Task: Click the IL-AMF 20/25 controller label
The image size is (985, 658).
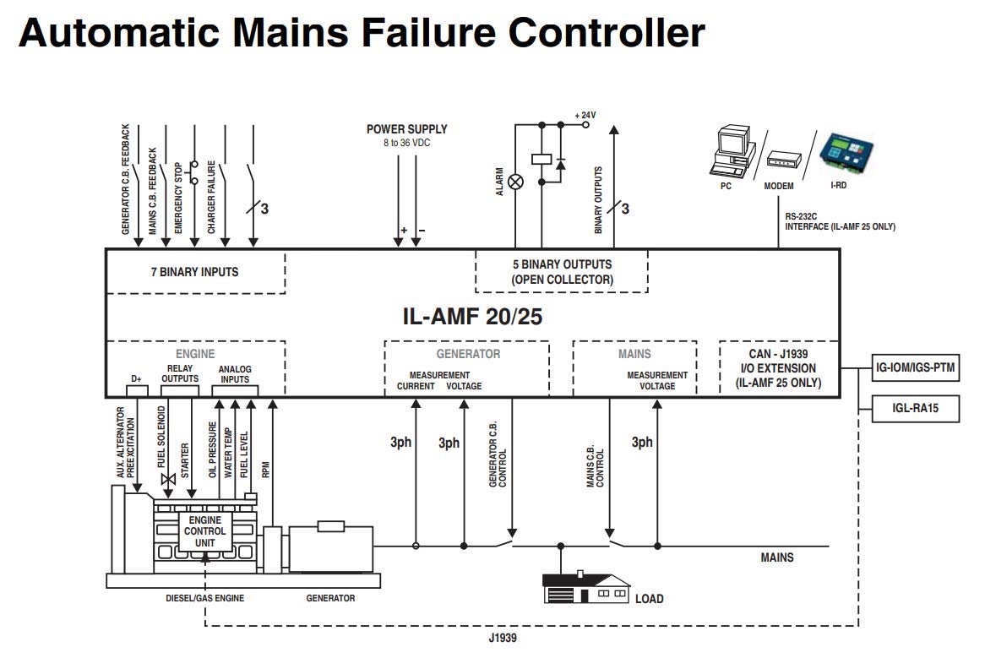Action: click(472, 317)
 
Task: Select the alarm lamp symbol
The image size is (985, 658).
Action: click(514, 182)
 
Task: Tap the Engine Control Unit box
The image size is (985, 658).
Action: click(204, 531)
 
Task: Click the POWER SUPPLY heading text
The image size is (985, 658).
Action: click(406, 129)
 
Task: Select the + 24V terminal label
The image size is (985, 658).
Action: click(585, 115)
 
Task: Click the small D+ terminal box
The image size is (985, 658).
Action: click(137, 391)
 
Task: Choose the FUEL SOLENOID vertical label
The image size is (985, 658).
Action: click(162, 438)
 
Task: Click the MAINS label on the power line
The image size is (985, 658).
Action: click(777, 557)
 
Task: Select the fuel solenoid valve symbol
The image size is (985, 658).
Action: click(167, 479)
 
